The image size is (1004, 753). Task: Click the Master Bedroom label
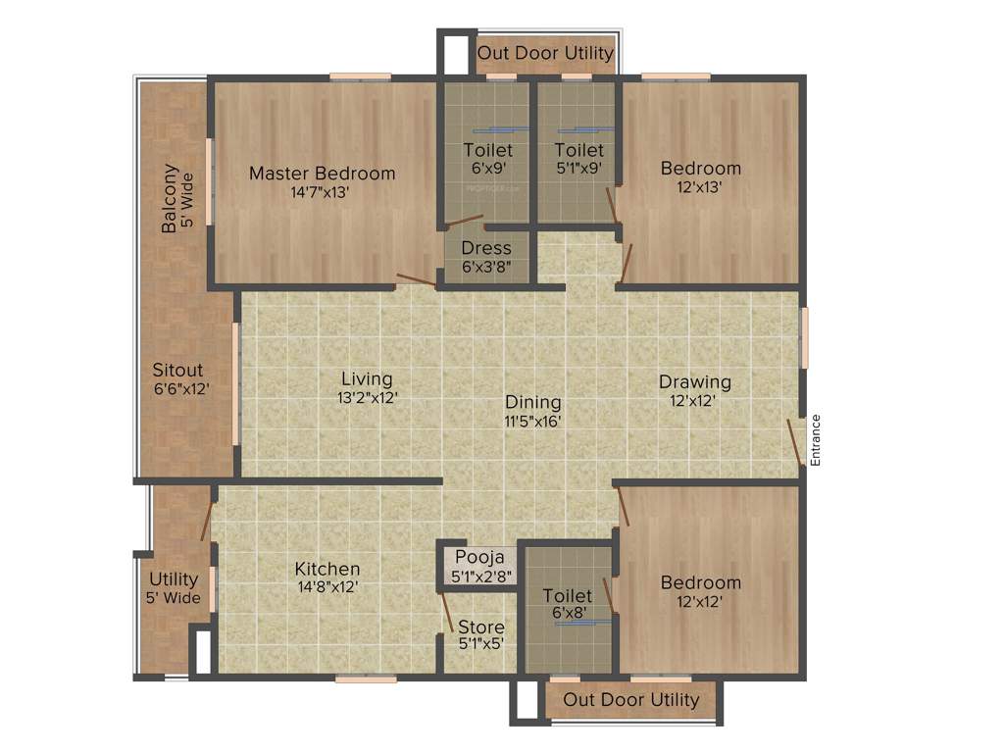click(322, 174)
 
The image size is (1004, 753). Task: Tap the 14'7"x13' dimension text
click(320, 192)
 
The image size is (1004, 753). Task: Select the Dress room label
click(486, 248)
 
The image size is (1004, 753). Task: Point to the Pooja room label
click(479, 558)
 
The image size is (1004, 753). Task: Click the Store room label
click(481, 627)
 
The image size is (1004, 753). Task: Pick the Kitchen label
click(327, 569)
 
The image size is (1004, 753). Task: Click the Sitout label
click(177, 371)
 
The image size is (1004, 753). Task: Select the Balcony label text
click(171, 198)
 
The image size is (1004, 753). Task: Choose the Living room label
click(367, 378)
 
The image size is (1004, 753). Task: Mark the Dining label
click(533, 402)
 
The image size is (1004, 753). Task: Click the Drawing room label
click(694, 381)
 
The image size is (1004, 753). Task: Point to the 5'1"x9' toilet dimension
click(578, 168)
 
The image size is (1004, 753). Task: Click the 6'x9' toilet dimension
click(487, 168)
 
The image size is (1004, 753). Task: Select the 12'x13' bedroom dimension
click(700, 186)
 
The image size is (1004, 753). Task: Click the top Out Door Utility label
click(545, 53)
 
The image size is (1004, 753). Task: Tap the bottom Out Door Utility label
click(631, 699)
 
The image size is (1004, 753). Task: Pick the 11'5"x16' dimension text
click(533, 421)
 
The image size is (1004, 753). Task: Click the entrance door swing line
click(795, 442)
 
